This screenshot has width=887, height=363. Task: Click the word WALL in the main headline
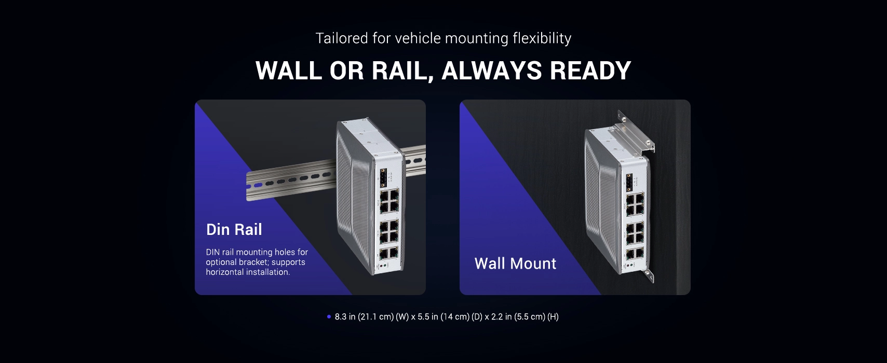289,71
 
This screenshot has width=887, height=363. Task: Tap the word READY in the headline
590,71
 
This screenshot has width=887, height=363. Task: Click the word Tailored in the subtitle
342,38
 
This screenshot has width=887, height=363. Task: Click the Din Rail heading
234,230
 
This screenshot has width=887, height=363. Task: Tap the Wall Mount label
515,264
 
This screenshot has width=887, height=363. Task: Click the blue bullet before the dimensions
329,316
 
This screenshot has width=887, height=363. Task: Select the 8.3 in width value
345,317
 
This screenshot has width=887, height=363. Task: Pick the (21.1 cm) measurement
375,317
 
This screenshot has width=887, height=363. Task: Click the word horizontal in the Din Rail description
225,272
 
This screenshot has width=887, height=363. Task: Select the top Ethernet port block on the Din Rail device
389,201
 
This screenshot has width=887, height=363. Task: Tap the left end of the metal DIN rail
247,187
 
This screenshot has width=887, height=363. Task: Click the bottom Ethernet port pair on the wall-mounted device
635,254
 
